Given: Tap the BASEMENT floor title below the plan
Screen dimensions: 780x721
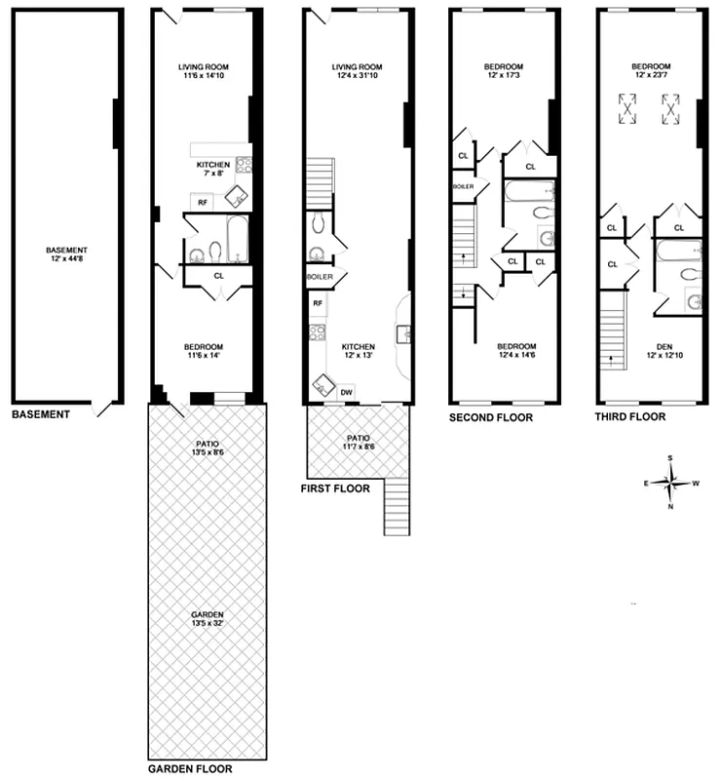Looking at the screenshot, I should [41, 414].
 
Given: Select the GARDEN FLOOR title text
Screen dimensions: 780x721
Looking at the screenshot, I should [190, 768].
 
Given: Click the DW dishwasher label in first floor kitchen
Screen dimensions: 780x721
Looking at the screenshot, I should [347, 392].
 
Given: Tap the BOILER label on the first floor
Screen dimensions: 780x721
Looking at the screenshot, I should [321, 278].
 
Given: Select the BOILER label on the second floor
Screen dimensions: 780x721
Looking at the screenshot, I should [462, 185].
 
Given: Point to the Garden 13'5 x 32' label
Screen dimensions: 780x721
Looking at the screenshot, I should [209, 618].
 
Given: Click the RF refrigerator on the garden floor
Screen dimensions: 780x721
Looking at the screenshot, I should [203, 202].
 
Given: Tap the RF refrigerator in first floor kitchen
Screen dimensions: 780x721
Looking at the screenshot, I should [318, 303].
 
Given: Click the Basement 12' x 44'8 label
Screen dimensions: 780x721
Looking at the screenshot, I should [66, 255].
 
